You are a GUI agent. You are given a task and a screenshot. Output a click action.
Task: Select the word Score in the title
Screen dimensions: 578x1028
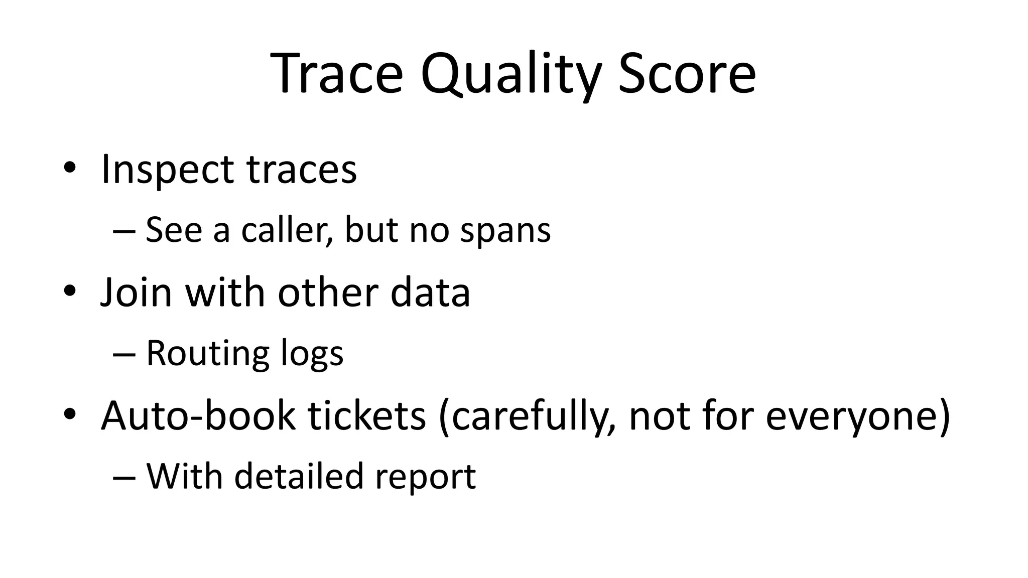tap(687, 74)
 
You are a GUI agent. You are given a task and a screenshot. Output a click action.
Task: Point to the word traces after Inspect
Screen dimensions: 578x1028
tap(302, 170)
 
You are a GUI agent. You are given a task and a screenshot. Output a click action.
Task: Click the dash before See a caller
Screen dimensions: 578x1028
tap(124, 232)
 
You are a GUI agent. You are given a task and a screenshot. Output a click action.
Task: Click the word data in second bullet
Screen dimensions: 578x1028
tap(430, 293)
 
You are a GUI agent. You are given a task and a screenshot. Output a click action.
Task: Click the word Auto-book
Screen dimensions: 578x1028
tap(198, 416)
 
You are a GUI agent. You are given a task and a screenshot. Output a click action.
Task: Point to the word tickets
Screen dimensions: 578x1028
tap(366, 416)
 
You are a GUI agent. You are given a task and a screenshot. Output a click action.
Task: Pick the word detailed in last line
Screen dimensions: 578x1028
tap(299, 477)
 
